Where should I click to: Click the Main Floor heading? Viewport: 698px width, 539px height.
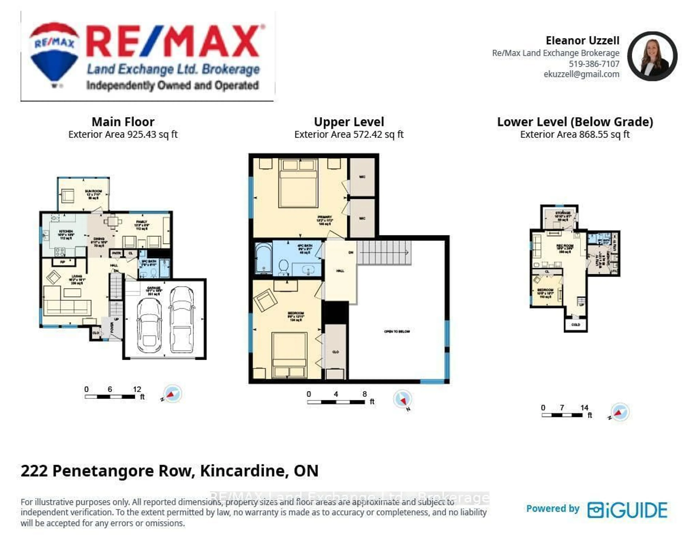tap(123, 122)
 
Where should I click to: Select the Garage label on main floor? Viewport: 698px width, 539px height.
tap(154, 291)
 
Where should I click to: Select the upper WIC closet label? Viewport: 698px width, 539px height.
tap(362, 177)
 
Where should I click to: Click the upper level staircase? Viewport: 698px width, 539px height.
tap(384, 252)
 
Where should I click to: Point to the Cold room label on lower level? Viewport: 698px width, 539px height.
tap(576, 325)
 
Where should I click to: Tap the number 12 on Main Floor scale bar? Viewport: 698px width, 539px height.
tap(137, 389)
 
